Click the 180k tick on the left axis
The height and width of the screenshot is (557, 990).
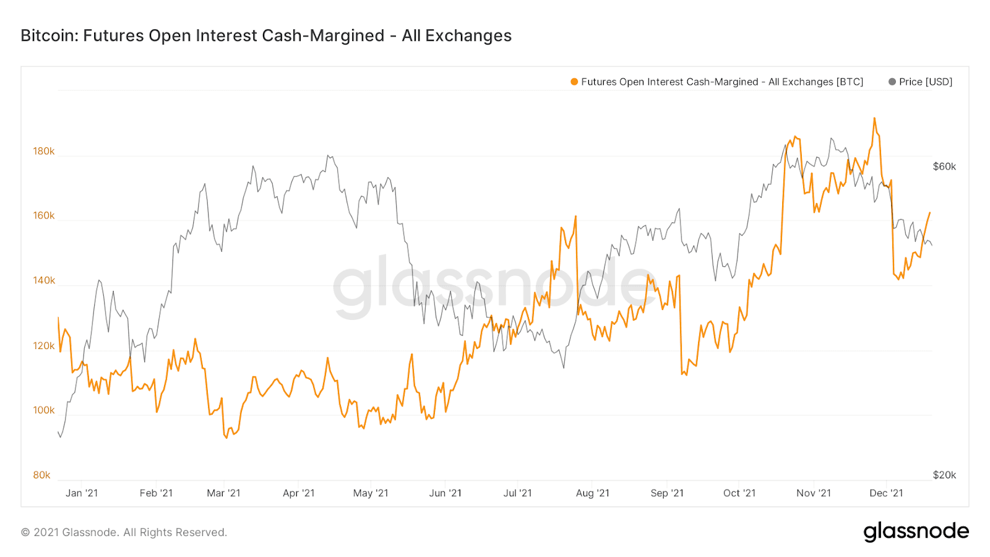(43, 151)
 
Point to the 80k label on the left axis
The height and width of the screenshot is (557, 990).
(41, 475)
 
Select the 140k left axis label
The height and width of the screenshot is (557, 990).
(43, 280)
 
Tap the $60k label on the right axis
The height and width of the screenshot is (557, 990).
(944, 166)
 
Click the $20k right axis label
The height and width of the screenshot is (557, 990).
(944, 475)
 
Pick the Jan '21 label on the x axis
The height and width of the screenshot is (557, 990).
(82, 493)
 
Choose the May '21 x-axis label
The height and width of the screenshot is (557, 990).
(371, 493)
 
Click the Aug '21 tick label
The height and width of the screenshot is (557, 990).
(592, 493)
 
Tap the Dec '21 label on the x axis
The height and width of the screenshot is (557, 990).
(886, 493)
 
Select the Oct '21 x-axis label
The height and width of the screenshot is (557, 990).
(739, 493)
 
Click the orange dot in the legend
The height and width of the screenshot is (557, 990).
(574, 82)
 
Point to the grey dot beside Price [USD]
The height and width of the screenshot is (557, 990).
(892, 82)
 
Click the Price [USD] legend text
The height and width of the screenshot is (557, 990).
(926, 82)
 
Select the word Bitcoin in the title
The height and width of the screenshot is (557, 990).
(48, 36)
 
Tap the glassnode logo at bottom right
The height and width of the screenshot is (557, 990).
(916, 532)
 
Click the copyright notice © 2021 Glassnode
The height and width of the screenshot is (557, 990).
(124, 532)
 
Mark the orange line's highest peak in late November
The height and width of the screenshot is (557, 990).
(874, 118)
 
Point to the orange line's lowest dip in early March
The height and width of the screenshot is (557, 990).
(226, 438)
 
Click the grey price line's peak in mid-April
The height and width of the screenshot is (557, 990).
(329, 156)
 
